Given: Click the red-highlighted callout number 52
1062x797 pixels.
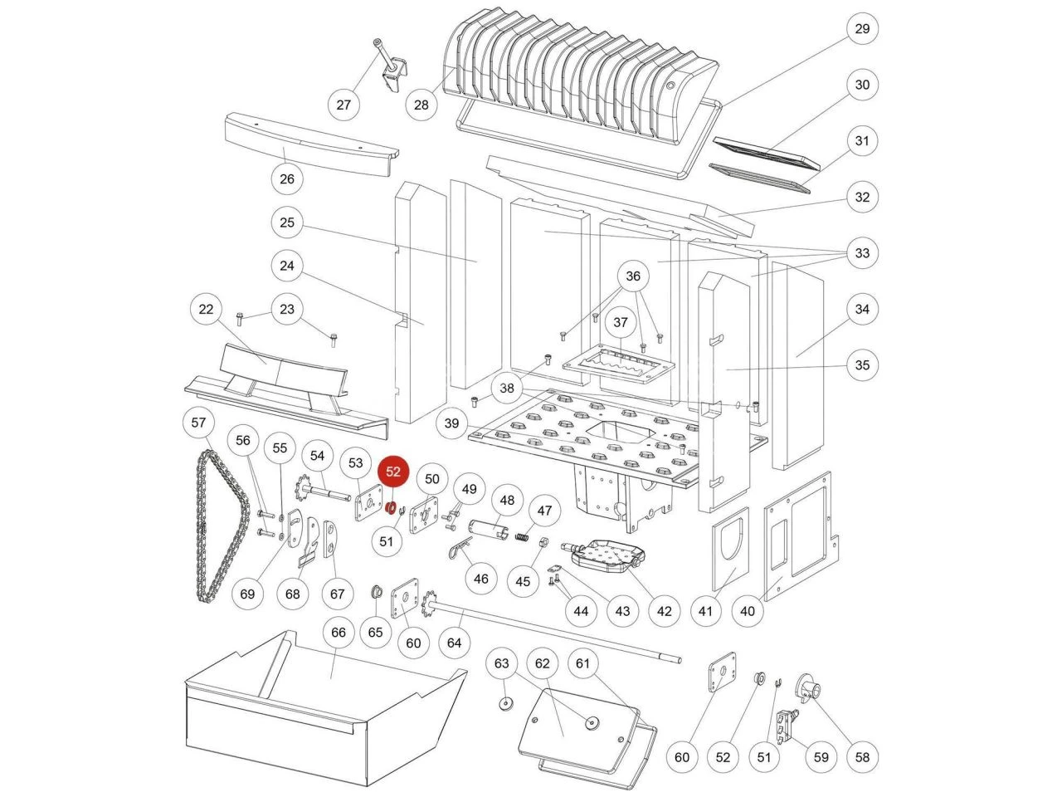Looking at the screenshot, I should [x=393, y=472].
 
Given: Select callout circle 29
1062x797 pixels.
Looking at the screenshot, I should [x=862, y=29].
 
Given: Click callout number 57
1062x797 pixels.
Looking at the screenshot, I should [x=198, y=423].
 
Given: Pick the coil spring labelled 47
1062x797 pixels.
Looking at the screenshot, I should [x=523, y=538].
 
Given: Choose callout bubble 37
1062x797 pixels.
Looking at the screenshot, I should [x=621, y=321].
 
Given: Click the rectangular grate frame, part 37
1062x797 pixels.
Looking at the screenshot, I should [x=619, y=362].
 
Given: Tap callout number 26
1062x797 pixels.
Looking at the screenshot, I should [x=287, y=178].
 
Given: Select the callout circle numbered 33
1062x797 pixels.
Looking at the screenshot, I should [x=862, y=252].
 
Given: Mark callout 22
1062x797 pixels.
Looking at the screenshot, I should [x=206, y=310].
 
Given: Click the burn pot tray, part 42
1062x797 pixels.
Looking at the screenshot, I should [x=603, y=555].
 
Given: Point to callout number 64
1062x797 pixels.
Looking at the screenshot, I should [x=454, y=642].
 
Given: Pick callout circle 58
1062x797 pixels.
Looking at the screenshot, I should [x=863, y=756].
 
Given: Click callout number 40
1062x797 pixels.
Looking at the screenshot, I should [x=748, y=611].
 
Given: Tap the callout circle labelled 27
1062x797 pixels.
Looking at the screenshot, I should [x=343, y=105].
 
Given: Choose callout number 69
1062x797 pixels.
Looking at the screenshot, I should [x=247, y=594].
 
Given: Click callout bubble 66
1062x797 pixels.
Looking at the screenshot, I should [x=339, y=633].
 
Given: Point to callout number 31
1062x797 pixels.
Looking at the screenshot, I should [x=862, y=140].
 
